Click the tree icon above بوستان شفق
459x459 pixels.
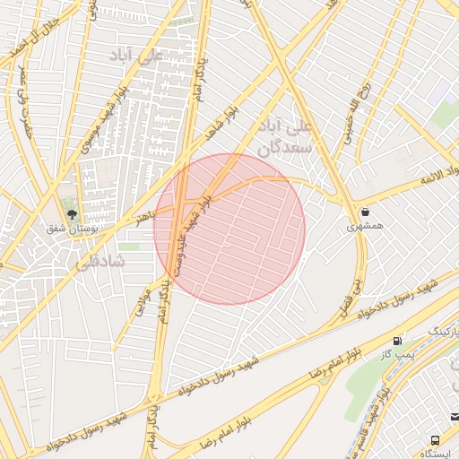click(x=72, y=213)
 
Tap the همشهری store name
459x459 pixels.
click(x=365, y=227)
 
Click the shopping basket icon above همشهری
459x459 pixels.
click(x=366, y=212)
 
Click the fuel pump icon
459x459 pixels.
click(x=397, y=342)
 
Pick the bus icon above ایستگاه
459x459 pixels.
click(x=436, y=441)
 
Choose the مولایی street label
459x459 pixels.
click(x=142, y=295)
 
